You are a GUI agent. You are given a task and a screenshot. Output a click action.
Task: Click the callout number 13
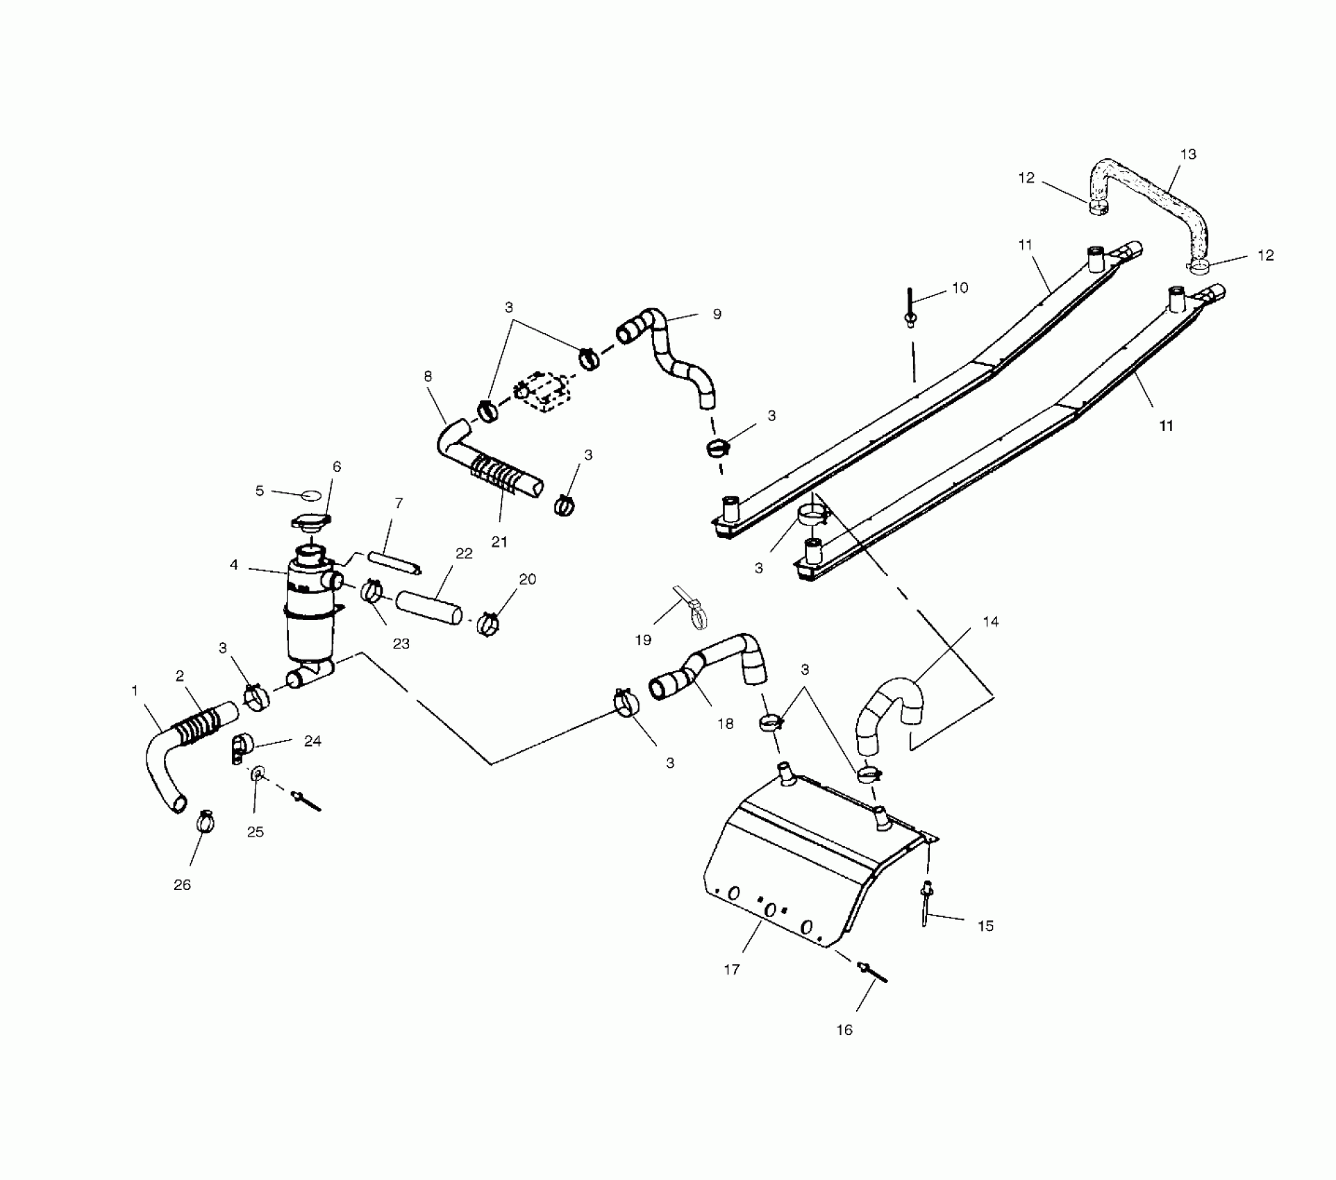pyautogui.click(x=1188, y=155)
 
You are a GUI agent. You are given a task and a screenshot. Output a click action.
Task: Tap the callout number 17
pyautogui.click(x=732, y=970)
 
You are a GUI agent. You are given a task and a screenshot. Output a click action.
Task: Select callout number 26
pyautogui.click(x=182, y=885)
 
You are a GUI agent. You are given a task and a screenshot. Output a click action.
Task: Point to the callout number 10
pyautogui.click(x=960, y=288)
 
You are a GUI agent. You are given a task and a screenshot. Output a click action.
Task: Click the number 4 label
pyautogui.click(x=234, y=565)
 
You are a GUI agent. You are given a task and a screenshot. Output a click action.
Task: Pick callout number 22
pyautogui.click(x=464, y=553)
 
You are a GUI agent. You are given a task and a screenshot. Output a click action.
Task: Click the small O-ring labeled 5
pyautogui.click(x=310, y=495)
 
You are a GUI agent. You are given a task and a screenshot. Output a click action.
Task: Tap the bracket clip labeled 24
pyautogui.click(x=241, y=748)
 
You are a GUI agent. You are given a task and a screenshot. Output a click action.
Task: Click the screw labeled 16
pyautogui.click(x=874, y=971)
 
